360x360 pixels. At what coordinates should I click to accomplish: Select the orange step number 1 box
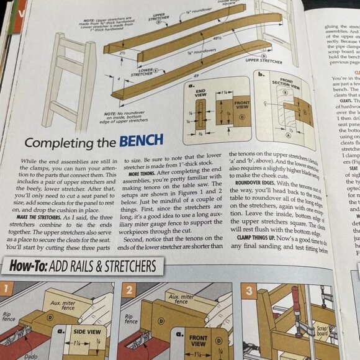pos(6,290)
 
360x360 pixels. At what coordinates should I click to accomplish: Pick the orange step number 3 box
pos(246,289)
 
